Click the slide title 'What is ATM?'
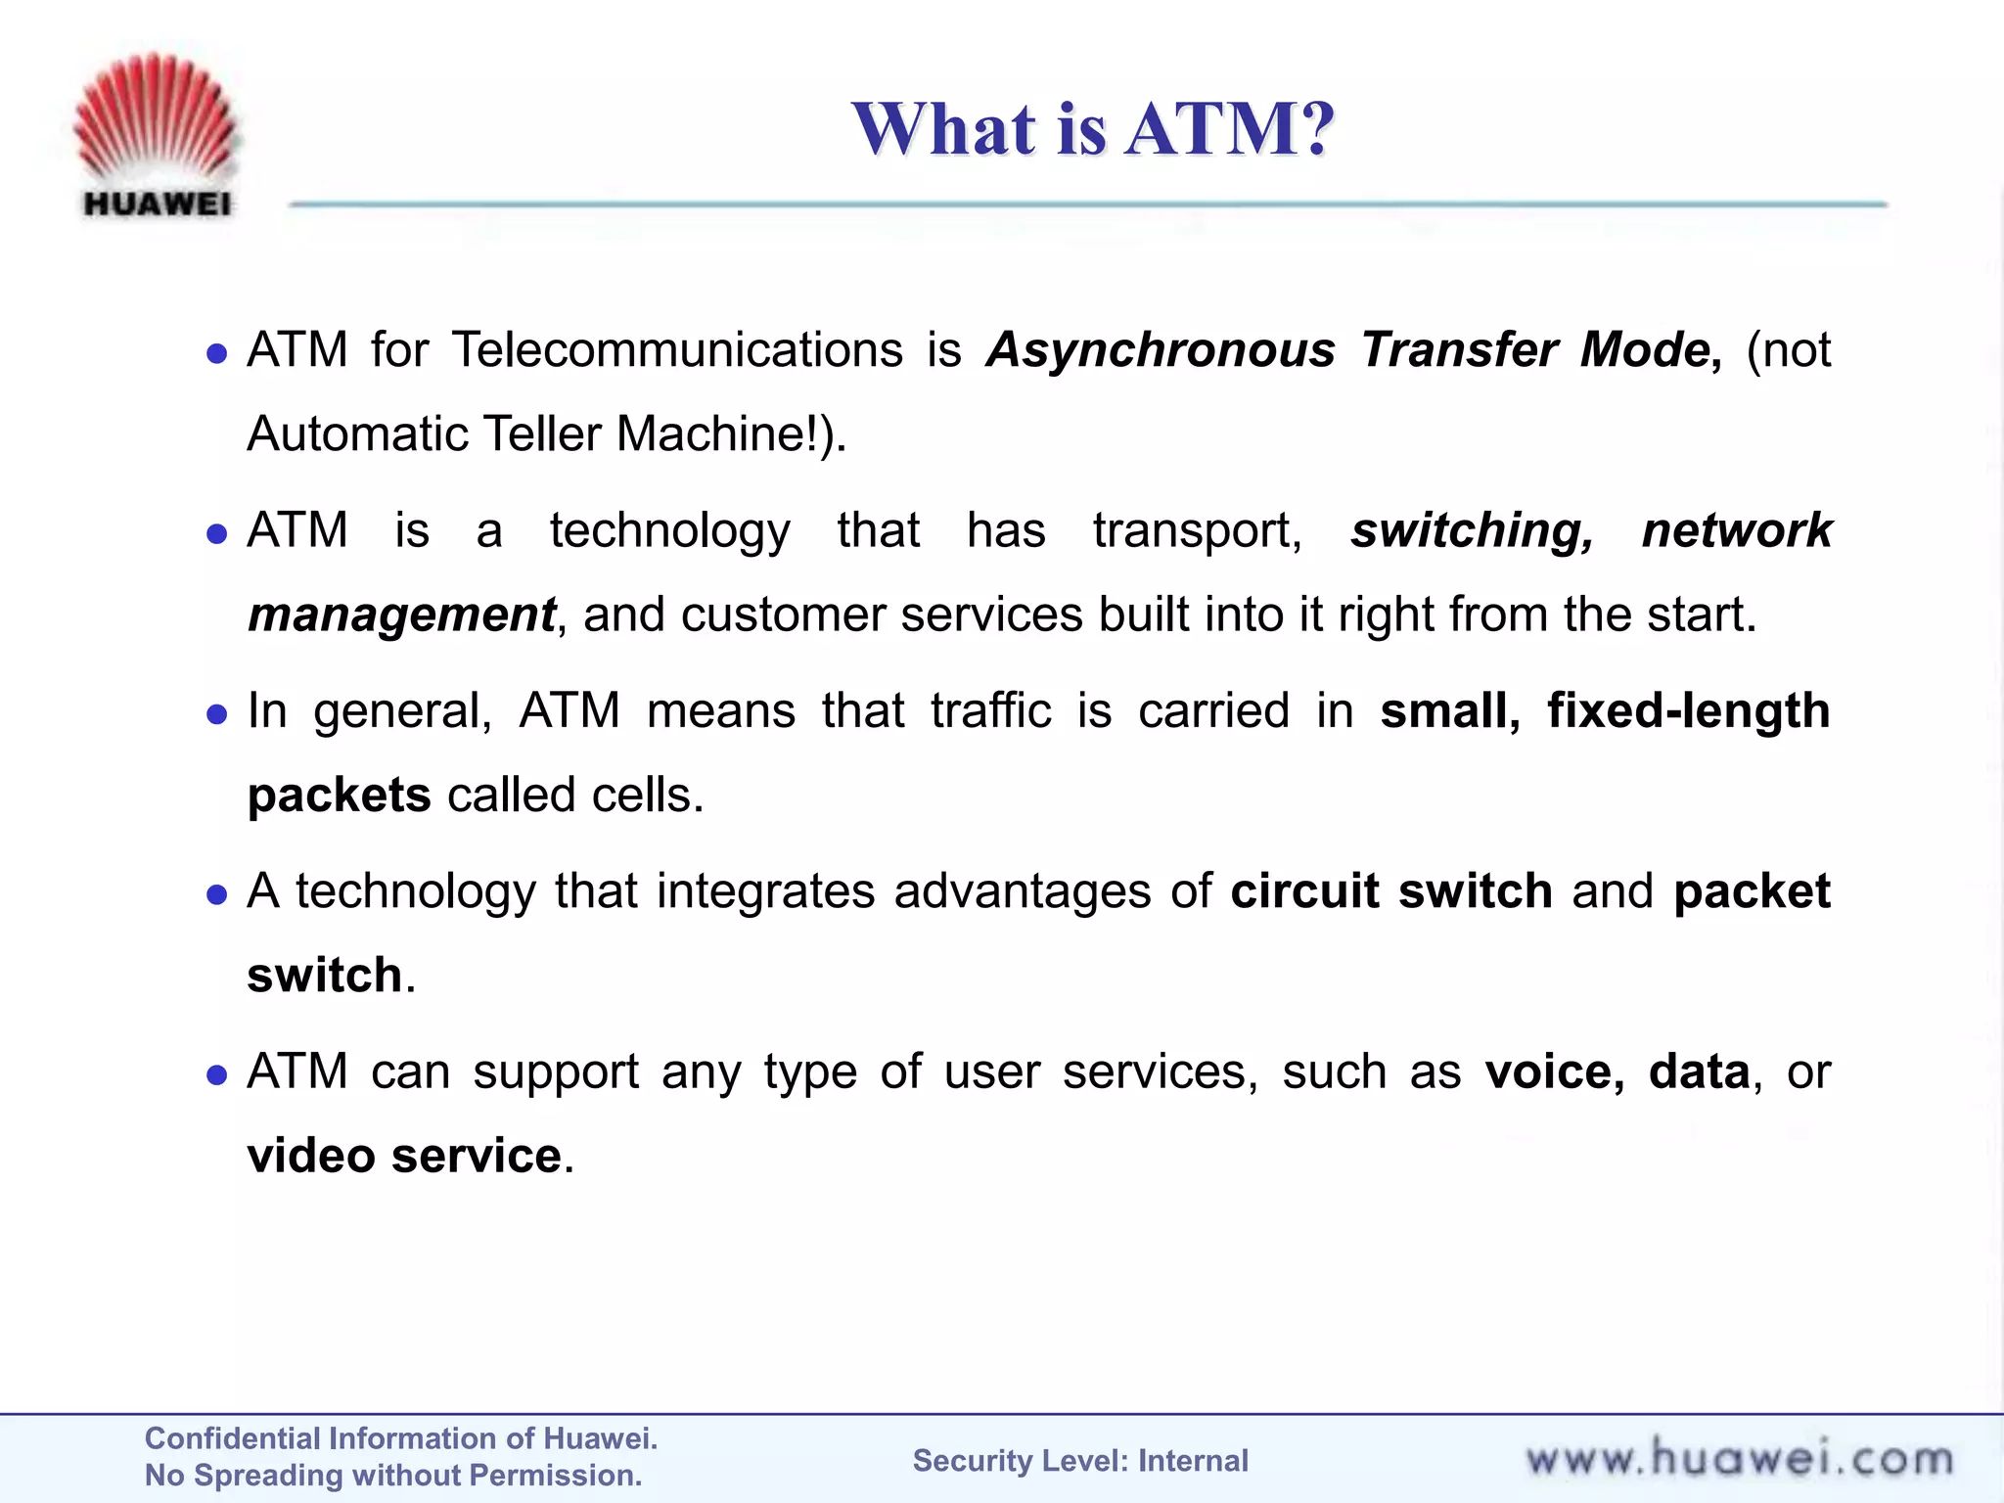point(1092,129)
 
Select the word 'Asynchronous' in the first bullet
point(1161,350)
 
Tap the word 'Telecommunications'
point(677,350)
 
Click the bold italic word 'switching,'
point(1472,530)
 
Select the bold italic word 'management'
point(402,615)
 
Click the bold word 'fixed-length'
point(1688,711)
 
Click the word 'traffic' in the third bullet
point(990,711)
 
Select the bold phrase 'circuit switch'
point(1390,891)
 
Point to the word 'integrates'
point(765,891)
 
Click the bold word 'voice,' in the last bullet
point(1554,1071)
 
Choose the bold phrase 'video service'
point(404,1156)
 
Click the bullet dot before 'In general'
point(217,714)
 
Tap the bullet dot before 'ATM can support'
point(217,1075)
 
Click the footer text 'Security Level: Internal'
point(1080,1461)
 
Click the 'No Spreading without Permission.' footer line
point(393,1476)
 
